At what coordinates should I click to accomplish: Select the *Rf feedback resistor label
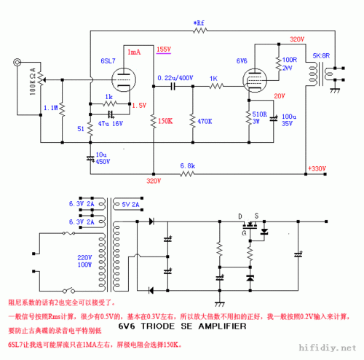[x=200, y=23]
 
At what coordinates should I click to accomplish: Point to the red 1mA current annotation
[x=135, y=52]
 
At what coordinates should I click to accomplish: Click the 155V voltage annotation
[x=164, y=50]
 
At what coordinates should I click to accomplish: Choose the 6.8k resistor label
[x=187, y=167]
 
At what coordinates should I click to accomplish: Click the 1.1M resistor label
[x=50, y=109]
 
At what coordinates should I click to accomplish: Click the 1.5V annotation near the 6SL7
[x=139, y=105]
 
